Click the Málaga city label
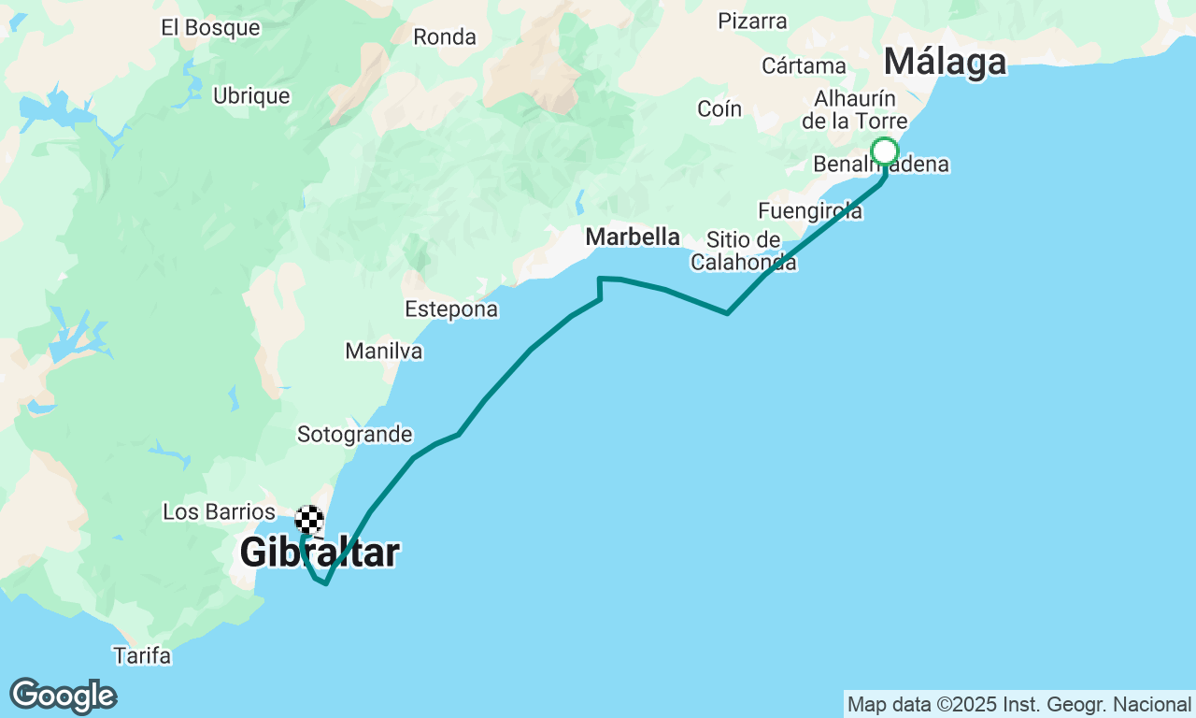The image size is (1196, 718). [945, 63]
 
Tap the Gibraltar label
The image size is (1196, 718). [320, 553]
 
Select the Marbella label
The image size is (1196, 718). [633, 237]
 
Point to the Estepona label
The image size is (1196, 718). [451, 309]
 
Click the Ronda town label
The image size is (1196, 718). [445, 37]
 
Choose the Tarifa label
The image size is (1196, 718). [142, 655]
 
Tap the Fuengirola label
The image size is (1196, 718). [810, 211]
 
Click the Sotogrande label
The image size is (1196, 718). [355, 435]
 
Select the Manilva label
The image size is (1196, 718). [384, 352]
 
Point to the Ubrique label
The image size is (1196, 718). [251, 96]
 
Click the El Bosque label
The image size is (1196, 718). [210, 27]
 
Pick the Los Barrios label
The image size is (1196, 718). [220, 512]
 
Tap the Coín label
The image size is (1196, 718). [719, 109]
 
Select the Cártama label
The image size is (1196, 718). [804, 66]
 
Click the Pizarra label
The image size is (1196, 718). [752, 21]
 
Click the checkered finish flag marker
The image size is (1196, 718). [309, 519]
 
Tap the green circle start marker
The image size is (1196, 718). [884, 151]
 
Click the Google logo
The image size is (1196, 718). [63, 696]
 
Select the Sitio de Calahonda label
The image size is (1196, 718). [744, 251]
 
